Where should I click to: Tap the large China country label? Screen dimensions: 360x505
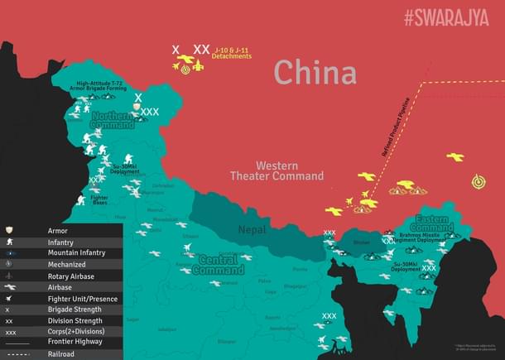tap(315, 72)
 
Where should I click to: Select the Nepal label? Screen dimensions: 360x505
tap(253, 229)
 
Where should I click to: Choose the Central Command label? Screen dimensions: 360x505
tap(219, 265)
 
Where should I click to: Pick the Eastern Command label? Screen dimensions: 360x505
tap(430, 223)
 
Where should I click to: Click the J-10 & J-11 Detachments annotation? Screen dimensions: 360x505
tap(233, 53)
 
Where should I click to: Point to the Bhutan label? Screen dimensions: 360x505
tap(361, 242)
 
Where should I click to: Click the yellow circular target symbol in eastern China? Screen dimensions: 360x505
tap(479, 181)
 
